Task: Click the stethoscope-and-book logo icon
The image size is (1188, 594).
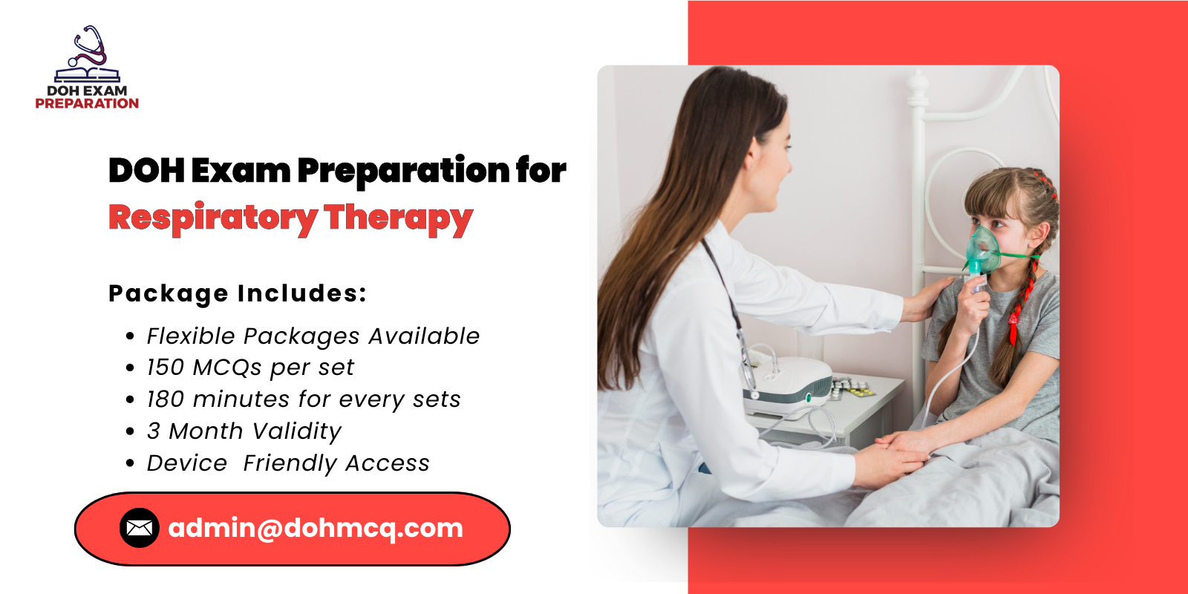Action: [x=88, y=55]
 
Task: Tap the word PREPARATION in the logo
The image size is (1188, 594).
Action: [x=87, y=104]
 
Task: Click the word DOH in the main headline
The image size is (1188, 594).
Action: [x=146, y=170]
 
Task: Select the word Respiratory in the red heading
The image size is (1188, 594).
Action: [x=212, y=218]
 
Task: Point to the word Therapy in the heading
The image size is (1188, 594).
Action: [x=398, y=218]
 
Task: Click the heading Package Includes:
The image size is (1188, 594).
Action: [x=238, y=293]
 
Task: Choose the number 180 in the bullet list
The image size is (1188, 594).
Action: [x=165, y=399]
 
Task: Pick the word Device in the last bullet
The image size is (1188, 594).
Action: [x=187, y=463]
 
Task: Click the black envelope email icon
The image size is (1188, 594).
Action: [x=140, y=528]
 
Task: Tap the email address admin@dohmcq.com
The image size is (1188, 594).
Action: [x=316, y=528]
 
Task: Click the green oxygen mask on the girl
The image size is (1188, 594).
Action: [x=984, y=251]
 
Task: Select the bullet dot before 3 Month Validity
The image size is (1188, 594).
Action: [x=131, y=431]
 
